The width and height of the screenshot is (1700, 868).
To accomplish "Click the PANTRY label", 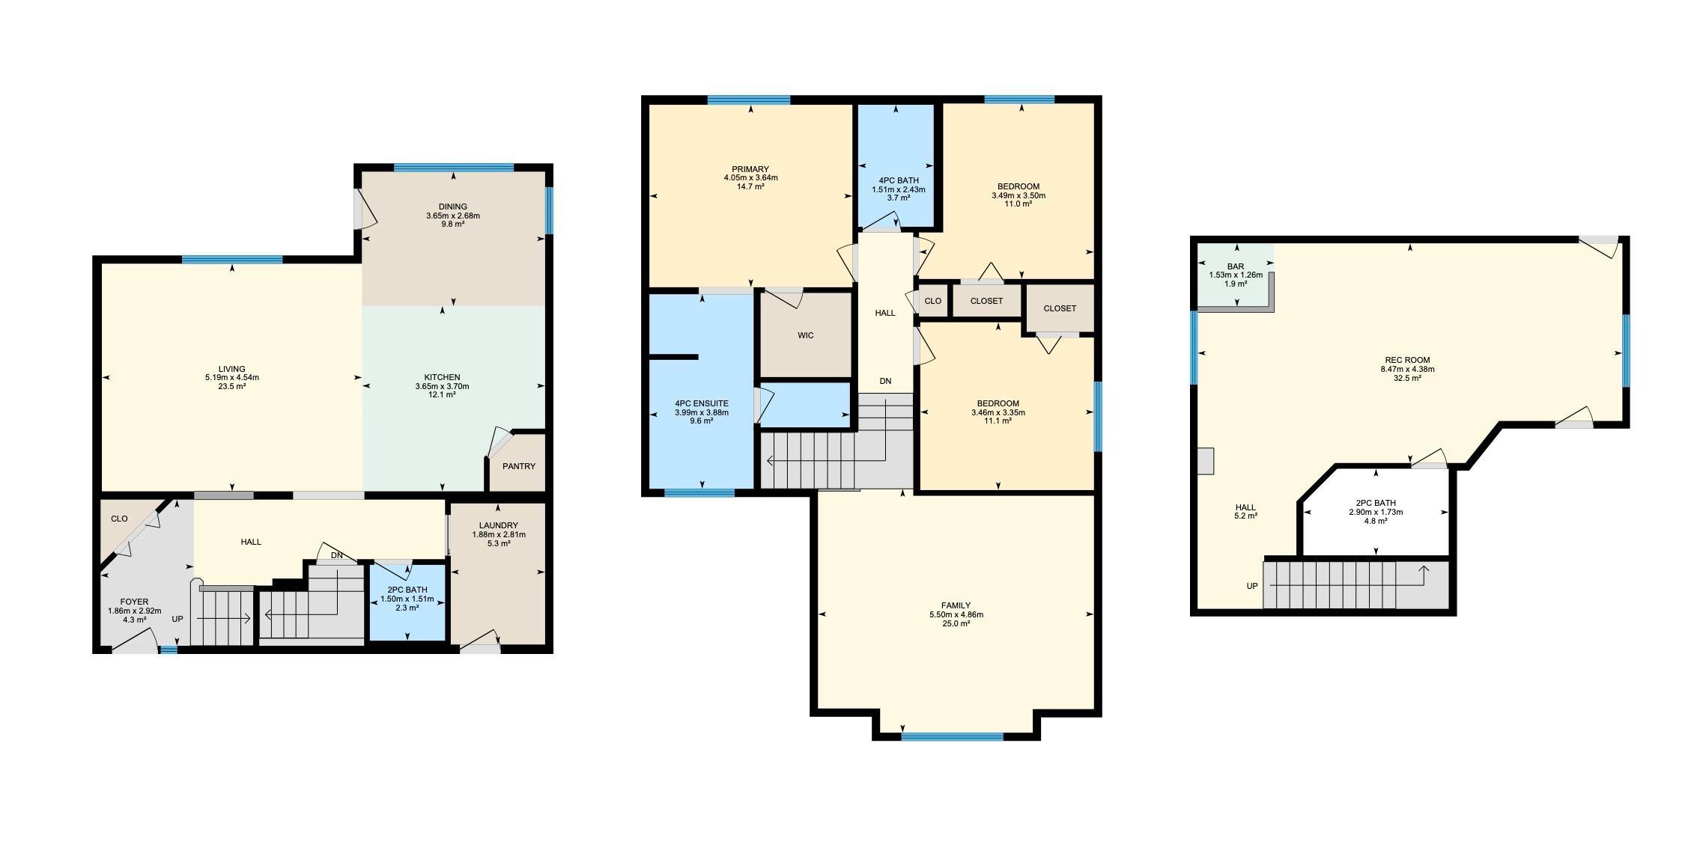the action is pyautogui.click(x=519, y=466).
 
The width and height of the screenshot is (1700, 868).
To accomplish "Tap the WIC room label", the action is pyautogui.click(x=806, y=335).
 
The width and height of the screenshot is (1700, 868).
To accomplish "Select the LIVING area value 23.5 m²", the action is pyautogui.click(x=232, y=387).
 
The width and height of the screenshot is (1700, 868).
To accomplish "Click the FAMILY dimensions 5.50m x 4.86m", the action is pyautogui.click(x=956, y=614).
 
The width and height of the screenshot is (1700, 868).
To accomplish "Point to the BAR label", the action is pyautogui.click(x=1236, y=266).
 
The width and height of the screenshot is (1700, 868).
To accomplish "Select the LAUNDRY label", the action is pyautogui.click(x=499, y=525).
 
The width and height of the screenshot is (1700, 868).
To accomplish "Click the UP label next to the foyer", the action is pyautogui.click(x=177, y=619).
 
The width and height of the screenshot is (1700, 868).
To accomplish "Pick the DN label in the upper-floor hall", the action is pyautogui.click(x=886, y=381).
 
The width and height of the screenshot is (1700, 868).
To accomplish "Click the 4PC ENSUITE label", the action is pyautogui.click(x=702, y=403).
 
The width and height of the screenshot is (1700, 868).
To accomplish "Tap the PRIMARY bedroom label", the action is pyautogui.click(x=750, y=169).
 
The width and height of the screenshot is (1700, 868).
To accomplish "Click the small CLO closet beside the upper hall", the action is pyautogui.click(x=933, y=301).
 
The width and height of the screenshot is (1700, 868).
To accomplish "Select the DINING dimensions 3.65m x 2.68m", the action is pyautogui.click(x=453, y=216).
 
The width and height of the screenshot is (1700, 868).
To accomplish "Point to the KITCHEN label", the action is pyautogui.click(x=443, y=377).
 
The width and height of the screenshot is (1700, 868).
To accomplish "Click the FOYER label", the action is pyautogui.click(x=135, y=602).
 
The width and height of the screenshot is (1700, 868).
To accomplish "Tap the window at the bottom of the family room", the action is pyautogui.click(x=952, y=736).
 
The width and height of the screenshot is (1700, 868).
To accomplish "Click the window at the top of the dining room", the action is pyautogui.click(x=454, y=168).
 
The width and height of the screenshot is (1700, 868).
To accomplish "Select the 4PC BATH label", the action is pyautogui.click(x=899, y=180).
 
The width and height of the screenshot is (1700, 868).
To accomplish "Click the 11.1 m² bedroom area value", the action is pyautogui.click(x=998, y=421).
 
